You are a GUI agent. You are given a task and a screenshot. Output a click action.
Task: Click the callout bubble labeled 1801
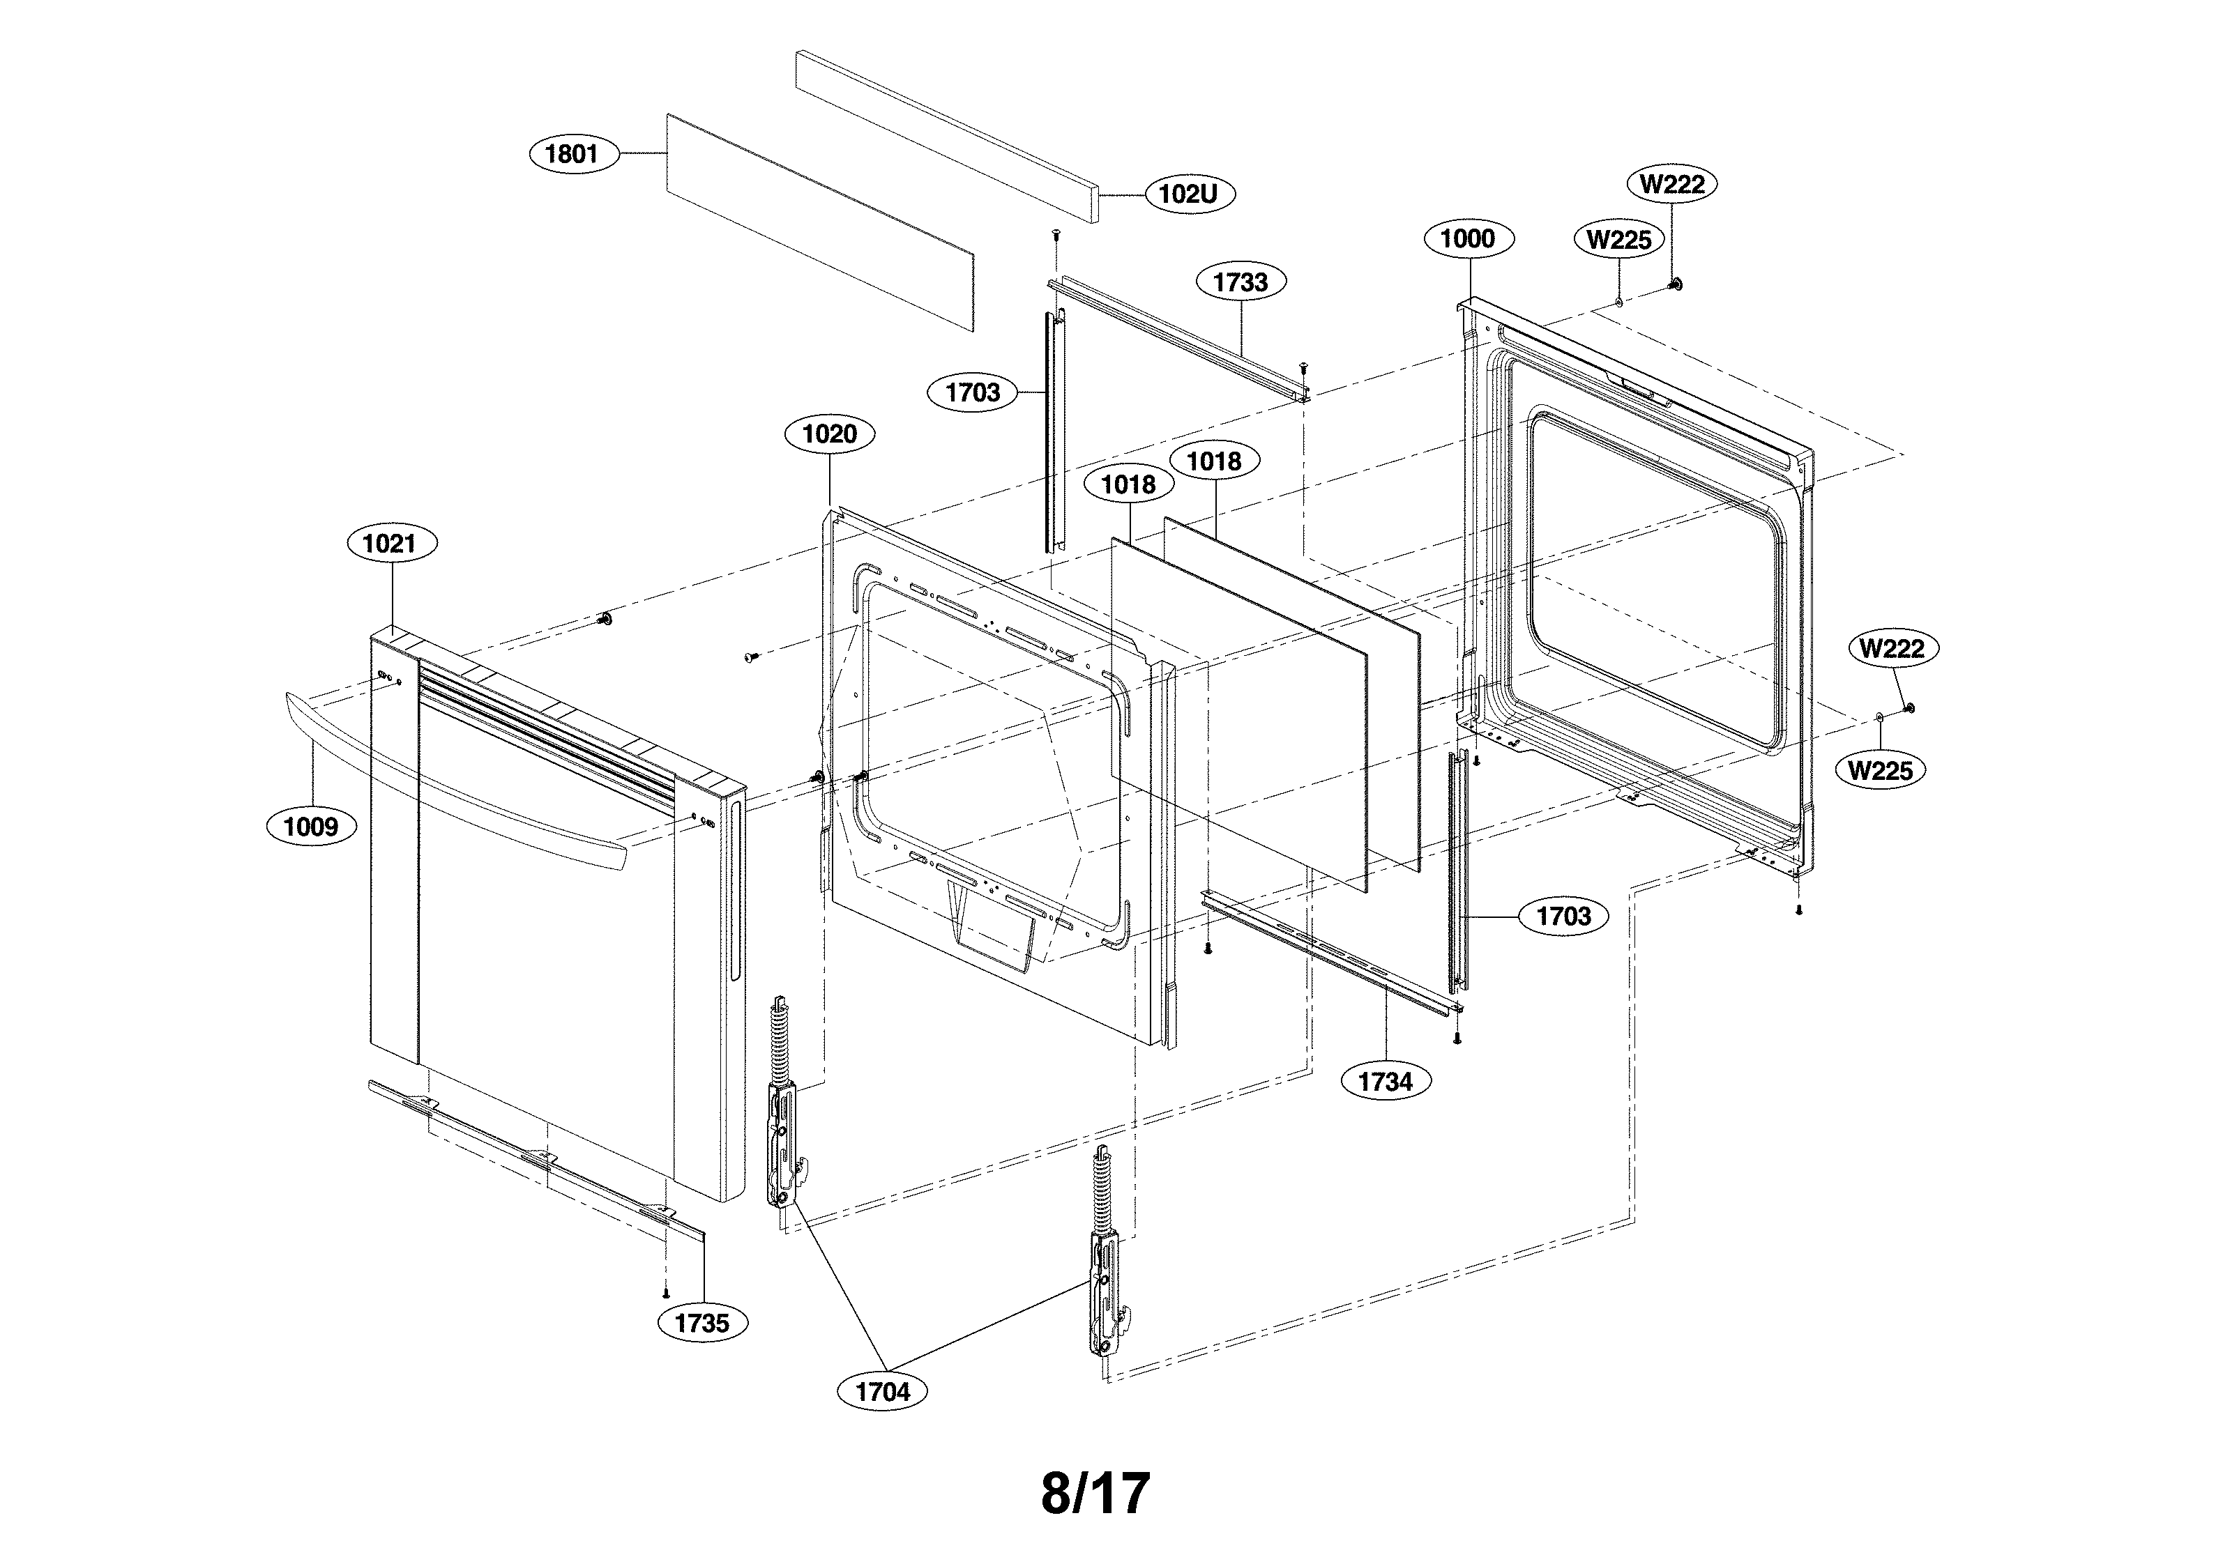(x=573, y=154)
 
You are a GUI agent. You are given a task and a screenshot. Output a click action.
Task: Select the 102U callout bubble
(x=1188, y=194)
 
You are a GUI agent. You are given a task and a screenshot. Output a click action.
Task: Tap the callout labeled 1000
(x=1468, y=239)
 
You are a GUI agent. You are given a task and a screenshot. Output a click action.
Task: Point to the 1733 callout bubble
(x=1241, y=282)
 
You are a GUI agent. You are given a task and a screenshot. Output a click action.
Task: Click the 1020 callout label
(x=830, y=434)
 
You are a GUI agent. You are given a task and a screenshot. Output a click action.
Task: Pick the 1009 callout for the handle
(x=311, y=827)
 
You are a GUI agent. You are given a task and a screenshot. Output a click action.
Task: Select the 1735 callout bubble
(x=702, y=1323)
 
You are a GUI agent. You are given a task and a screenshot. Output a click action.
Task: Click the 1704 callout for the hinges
(x=883, y=1392)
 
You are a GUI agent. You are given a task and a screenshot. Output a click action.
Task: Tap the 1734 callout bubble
(x=1386, y=1082)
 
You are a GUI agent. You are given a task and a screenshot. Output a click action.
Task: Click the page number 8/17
(x=1095, y=1494)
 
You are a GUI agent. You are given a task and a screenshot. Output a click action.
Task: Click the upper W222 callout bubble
(x=1672, y=184)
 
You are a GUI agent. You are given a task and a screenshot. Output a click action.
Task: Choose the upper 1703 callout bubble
(x=972, y=393)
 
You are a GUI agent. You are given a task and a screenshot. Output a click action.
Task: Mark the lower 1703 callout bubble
(x=1563, y=916)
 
